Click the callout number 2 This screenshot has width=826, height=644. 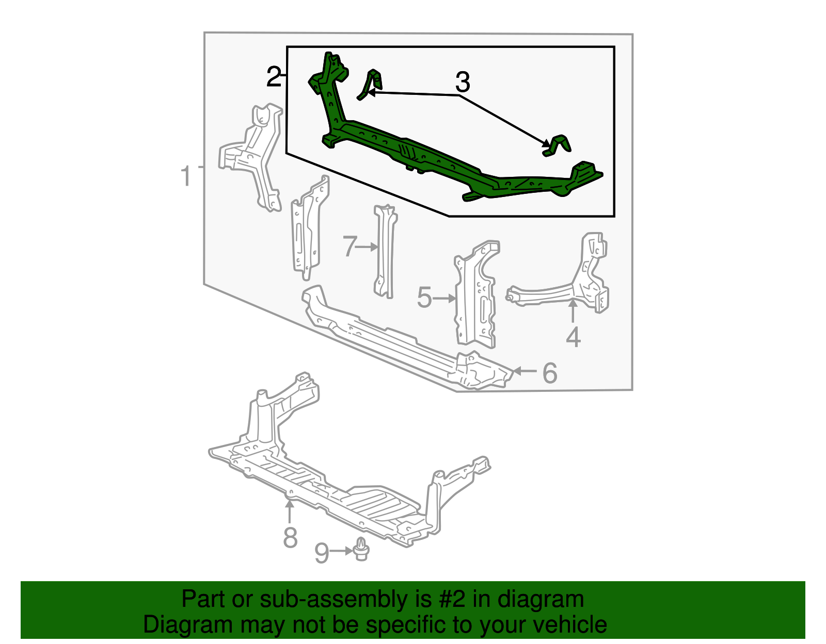coord(274,77)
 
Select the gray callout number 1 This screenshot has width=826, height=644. coord(186,176)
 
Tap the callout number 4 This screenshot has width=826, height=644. coord(573,338)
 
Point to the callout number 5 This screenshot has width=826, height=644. coord(424,298)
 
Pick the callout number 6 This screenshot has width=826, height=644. coord(550,373)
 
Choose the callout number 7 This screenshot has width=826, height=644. coord(350,246)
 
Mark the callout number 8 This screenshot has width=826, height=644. coord(291,537)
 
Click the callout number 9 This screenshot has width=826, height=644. coord(321,553)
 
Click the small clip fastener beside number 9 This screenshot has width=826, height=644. coord(361,550)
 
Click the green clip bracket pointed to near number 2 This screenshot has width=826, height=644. coord(372,84)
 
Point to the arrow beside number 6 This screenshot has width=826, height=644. coord(525,371)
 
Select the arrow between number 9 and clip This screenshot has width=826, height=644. coord(342,551)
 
